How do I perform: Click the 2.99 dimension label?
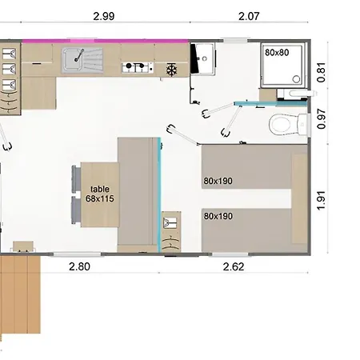(104, 16)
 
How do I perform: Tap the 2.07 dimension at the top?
(249, 16)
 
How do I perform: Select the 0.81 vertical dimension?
(322, 72)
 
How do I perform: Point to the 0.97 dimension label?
(322, 119)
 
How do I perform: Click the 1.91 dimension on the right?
(322, 201)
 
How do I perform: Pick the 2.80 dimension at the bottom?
(79, 266)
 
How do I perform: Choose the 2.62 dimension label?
(234, 266)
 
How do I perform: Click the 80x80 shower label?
(277, 53)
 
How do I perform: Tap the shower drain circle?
(296, 79)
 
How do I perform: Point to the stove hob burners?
(138, 67)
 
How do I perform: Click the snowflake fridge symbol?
(171, 70)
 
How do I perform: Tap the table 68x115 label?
(100, 194)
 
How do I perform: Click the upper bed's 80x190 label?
(218, 181)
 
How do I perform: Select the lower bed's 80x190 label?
(218, 216)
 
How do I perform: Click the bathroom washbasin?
(203, 59)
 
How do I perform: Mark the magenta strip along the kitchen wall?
(106, 41)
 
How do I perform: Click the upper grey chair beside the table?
(77, 178)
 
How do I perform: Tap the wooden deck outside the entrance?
(20, 294)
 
